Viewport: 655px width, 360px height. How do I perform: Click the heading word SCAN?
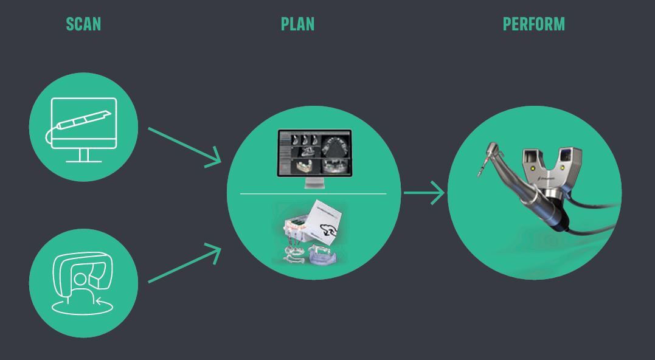(x=83, y=24)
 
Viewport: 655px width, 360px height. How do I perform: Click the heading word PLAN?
(x=297, y=24)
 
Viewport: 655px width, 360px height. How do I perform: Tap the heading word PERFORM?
(x=533, y=24)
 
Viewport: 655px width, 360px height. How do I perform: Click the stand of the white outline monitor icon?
(x=83, y=156)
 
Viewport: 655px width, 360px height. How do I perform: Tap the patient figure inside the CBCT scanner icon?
(x=80, y=283)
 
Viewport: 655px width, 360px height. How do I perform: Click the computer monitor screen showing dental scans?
(x=314, y=151)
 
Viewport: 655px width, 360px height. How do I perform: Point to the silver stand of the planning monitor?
(x=314, y=182)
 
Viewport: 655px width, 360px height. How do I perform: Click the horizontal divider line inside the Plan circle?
(x=313, y=194)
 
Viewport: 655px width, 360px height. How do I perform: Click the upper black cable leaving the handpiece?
(x=593, y=207)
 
